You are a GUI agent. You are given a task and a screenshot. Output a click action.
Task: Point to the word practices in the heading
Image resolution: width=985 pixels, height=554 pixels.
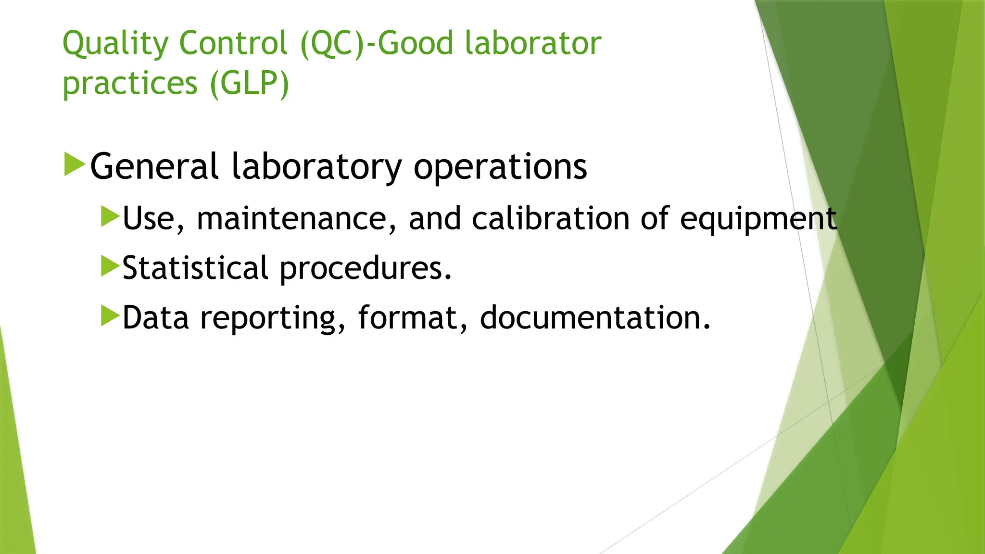pyautogui.click(x=130, y=84)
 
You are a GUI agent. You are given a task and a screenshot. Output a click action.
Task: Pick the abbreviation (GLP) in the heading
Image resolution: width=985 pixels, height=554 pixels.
pyautogui.click(x=249, y=83)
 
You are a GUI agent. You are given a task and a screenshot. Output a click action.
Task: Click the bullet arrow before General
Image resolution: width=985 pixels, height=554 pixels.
pyautogui.click(x=74, y=164)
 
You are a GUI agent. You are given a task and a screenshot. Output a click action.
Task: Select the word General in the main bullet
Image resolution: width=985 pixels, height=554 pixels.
pyautogui.click(x=154, y=166)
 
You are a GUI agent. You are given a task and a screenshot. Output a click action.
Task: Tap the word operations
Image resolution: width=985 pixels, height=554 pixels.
pyautogui.click(x=500, y=168)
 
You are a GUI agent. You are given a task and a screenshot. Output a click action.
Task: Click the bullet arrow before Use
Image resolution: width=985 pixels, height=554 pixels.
pyautogui.click(x=110, y=216)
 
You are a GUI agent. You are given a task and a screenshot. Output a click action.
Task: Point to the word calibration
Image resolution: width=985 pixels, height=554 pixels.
pyautogui.click(x=550, y=219)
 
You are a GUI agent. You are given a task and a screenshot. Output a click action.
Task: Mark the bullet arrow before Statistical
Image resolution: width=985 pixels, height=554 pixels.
pyautogui.click(x=110, y=266)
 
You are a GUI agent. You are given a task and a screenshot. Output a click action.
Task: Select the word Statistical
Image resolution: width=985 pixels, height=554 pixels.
pyautogui.click(x=195, y=268)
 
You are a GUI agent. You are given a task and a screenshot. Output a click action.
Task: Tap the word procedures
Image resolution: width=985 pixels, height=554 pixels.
pyautogui.click(x=366, y=269)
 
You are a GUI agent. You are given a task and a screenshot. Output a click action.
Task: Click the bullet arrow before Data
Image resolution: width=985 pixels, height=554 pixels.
pyautogui.click(x=110, y=315)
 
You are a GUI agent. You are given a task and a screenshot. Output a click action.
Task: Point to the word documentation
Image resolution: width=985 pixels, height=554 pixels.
pyautogui.click(x=594, y=318)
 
